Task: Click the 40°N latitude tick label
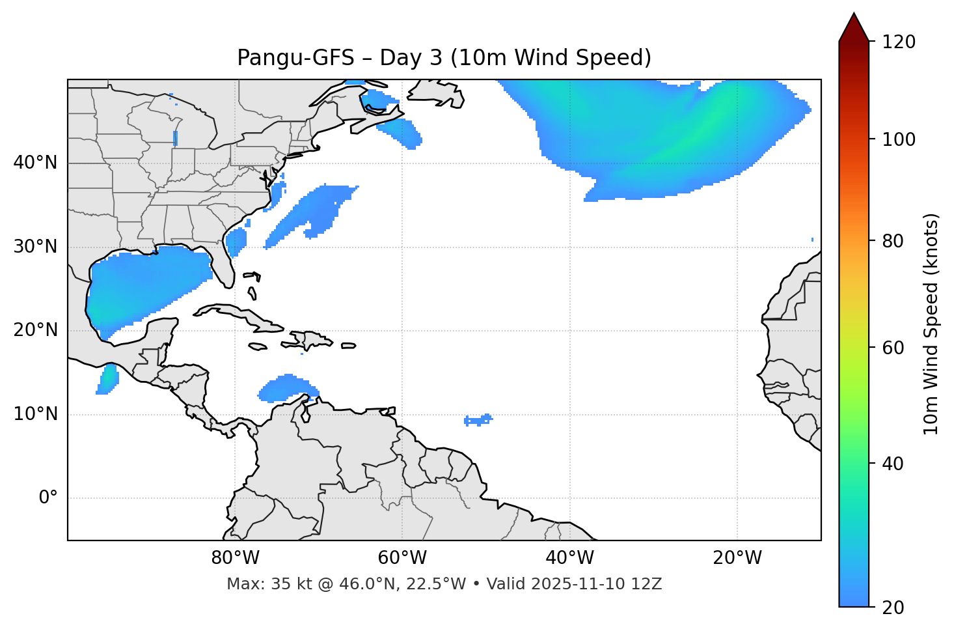pos(35,163)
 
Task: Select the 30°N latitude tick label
pos(35,247)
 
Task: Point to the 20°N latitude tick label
pos(35,331)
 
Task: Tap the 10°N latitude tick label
pos(35,414)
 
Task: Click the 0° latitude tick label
pos(48,498)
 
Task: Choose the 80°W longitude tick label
pos(235,558)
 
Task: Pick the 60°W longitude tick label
pos(402,558)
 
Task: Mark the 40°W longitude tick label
pos(569,558)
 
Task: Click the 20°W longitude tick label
pos(737,558)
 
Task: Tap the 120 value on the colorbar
pos(898,42)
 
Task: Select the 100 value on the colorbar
pos(898,139)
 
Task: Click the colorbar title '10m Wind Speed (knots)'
pos(931,324)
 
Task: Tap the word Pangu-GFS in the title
pos(295,58)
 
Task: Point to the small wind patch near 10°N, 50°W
pos(478,420)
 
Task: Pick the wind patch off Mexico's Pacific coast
pos(108,379)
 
